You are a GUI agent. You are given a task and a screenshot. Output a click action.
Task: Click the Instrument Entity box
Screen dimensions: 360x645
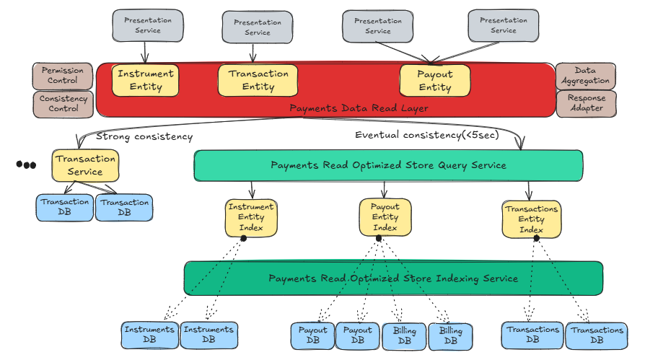(145, 80)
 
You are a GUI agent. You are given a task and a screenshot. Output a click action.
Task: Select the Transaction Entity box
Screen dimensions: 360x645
(258, 80)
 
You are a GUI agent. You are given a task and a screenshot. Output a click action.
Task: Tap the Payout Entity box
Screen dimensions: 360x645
(434, 80)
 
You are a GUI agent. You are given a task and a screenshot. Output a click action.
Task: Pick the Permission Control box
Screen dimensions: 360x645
(63, 76)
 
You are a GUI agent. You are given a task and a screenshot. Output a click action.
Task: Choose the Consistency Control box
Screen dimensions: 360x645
(63, 104)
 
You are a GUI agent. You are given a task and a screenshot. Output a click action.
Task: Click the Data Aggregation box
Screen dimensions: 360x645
(585, 76)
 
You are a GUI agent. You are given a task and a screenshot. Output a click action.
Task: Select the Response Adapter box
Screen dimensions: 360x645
(586, 103)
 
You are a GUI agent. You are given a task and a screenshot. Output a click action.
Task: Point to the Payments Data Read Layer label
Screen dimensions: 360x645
(359, 108)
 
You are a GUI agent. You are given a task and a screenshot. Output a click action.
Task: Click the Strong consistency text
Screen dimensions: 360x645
(144, 136)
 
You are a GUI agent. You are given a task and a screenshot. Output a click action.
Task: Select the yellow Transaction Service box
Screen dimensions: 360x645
(85, 165)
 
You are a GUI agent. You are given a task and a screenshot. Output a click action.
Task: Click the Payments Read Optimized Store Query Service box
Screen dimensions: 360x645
(388, 165)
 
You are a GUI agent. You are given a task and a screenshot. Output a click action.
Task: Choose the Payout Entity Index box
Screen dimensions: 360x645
(385, 217)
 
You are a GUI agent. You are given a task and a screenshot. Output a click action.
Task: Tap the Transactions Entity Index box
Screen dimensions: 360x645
(531, 219)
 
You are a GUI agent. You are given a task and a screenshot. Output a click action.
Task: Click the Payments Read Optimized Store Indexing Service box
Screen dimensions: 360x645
(393, 278)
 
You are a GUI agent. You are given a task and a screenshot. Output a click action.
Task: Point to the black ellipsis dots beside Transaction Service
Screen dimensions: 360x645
(26, 165)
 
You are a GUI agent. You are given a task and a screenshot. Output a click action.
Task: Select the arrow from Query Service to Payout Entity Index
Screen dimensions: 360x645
(385, 190)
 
